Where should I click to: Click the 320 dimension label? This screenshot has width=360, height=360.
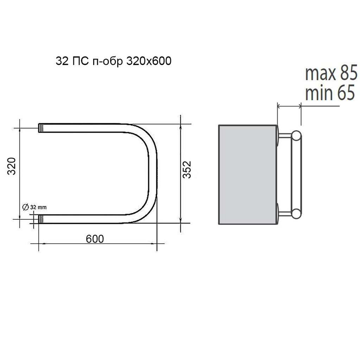pos(12,166)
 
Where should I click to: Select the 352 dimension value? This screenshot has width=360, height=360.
pos(187,170)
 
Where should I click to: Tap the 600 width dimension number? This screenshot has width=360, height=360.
pos(95,239)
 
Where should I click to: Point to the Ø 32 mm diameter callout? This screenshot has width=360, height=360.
pos(34,207)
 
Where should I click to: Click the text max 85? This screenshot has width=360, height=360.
pos(331,73)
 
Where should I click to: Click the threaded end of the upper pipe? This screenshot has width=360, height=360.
pos(41,128)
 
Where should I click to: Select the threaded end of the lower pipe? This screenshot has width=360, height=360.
pos(41,219)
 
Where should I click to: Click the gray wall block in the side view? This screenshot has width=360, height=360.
pos(248,174)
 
